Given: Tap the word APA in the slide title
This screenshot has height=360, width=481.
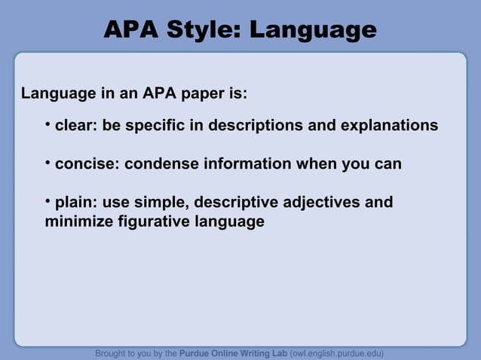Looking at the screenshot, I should (x=131, y=29).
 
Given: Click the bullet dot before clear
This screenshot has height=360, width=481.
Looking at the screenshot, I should (x=47, y=122).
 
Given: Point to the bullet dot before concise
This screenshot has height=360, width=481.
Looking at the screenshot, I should (x=47, y=161).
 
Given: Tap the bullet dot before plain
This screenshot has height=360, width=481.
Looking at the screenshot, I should (x=47, y=200).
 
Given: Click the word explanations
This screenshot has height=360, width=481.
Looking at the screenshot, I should (x=389, y=125).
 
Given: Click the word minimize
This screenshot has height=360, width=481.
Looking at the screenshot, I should (x=78, y=222).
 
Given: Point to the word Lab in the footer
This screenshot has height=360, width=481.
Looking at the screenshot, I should (x=278, y=352).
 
